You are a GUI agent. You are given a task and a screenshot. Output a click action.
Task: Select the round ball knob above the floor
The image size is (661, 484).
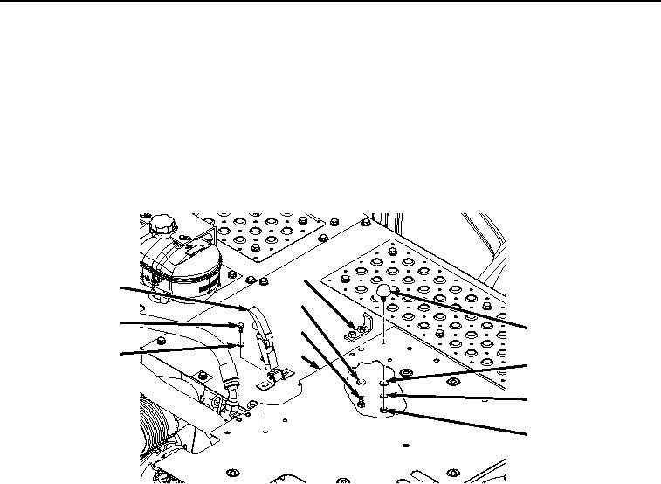(383, 292)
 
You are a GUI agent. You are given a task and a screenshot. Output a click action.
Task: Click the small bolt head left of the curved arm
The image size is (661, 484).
(240, 326)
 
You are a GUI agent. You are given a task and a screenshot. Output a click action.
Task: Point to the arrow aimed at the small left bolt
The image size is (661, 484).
(175, 323)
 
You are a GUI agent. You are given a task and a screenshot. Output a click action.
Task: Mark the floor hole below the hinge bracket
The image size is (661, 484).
(264, 430)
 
